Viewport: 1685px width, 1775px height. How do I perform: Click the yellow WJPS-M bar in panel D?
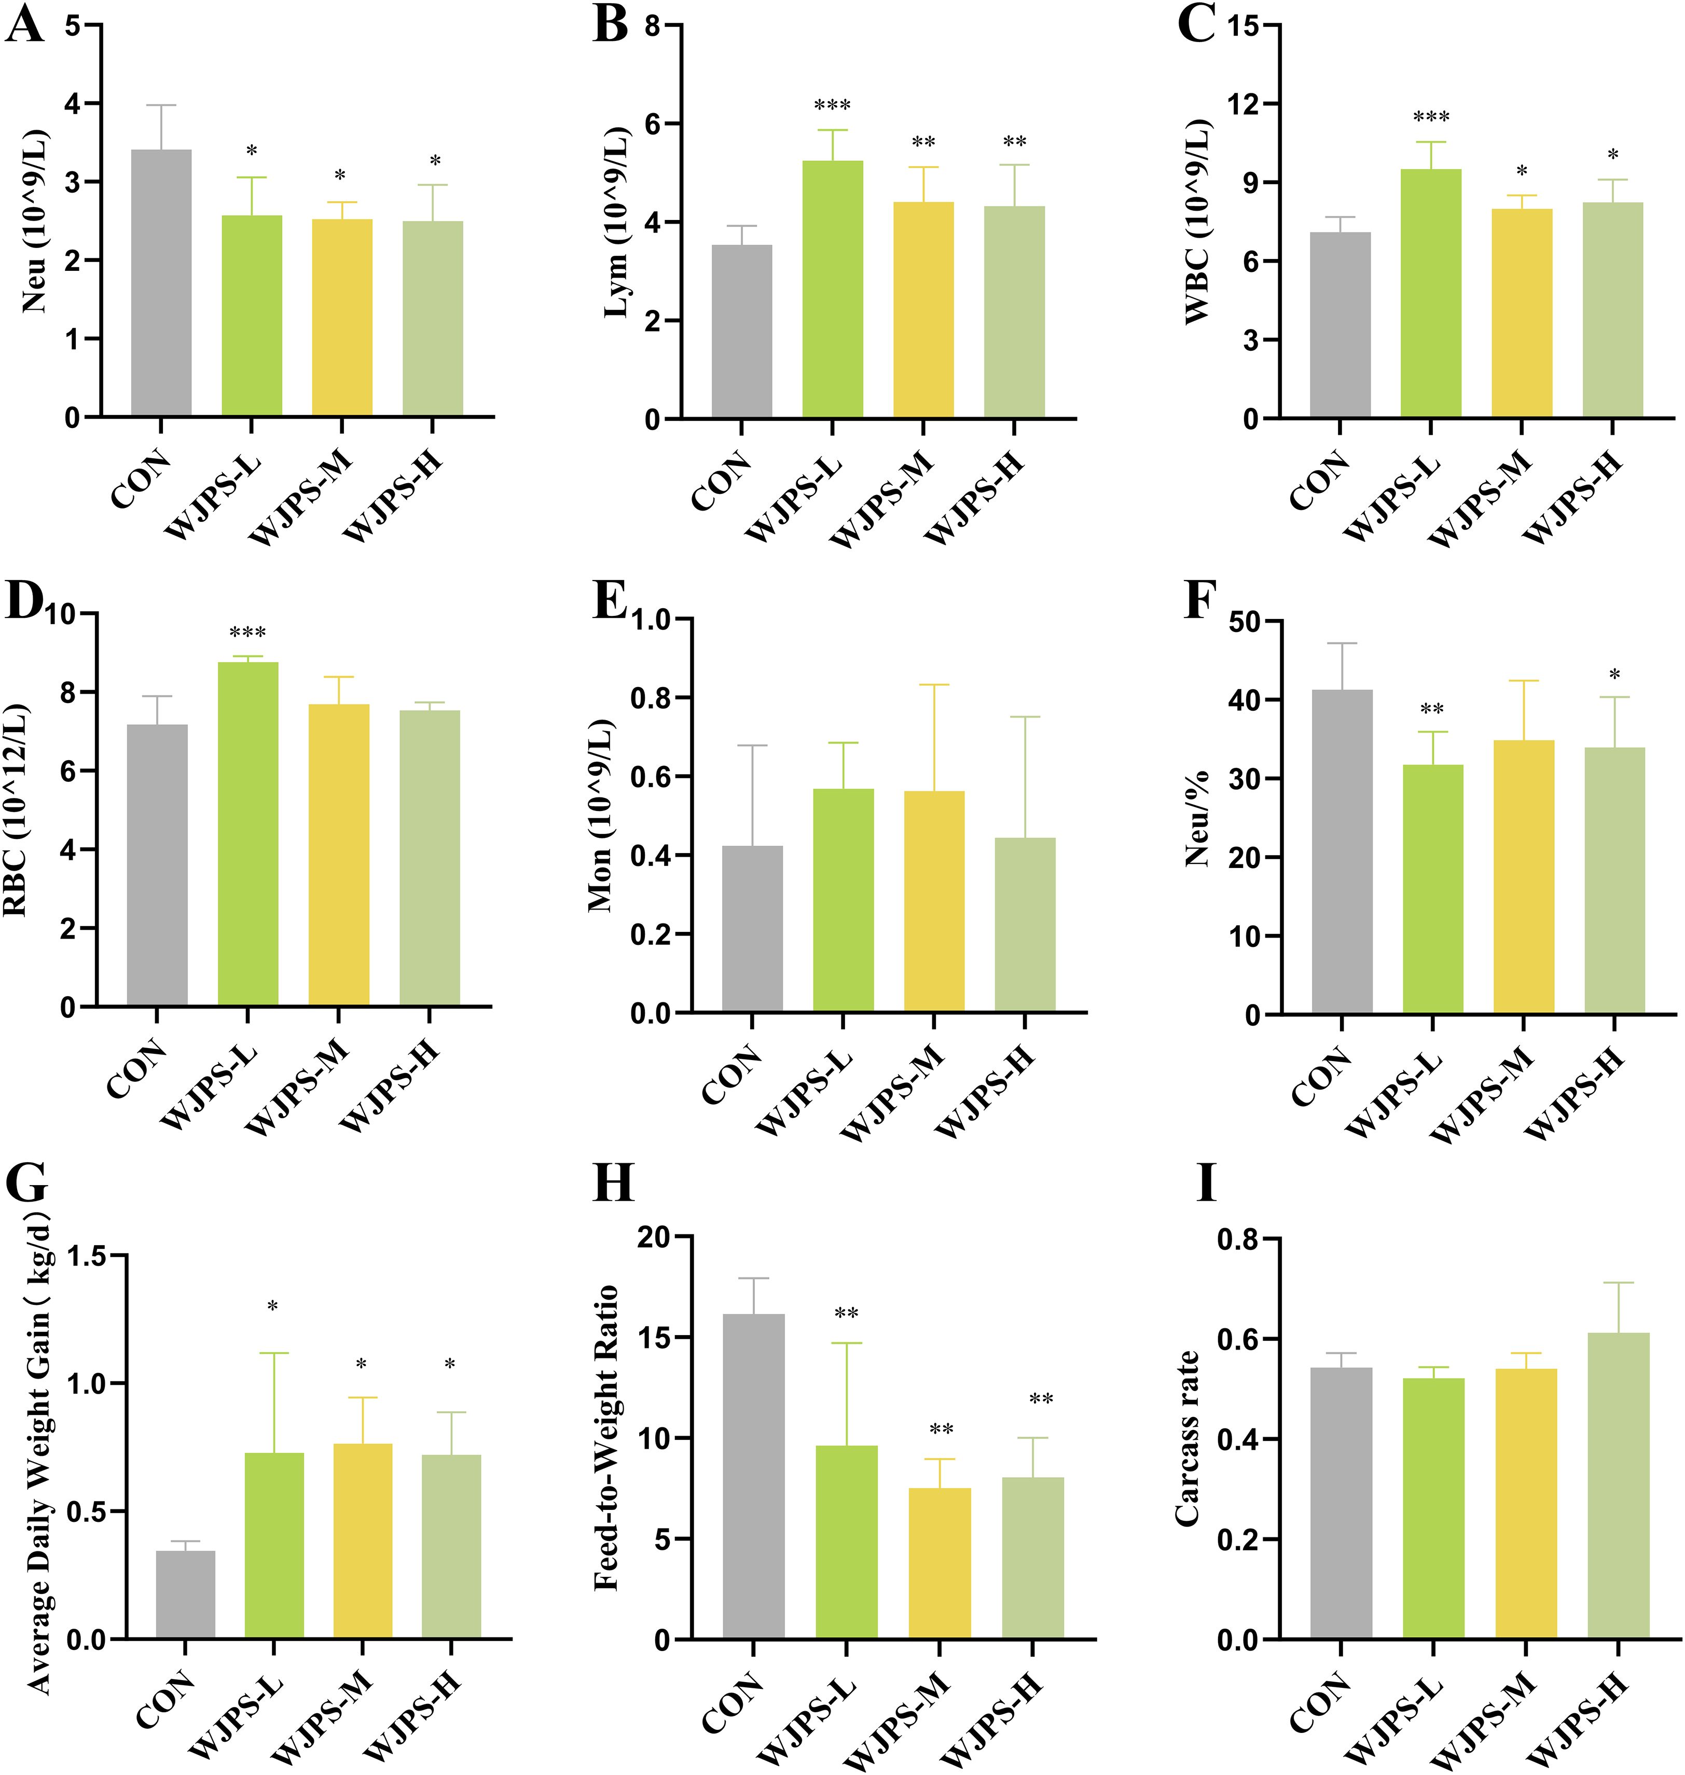pos(339,854)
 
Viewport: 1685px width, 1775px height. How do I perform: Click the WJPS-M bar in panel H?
pos(940,1563)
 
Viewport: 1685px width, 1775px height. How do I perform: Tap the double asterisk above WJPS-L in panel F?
pos(1432,710)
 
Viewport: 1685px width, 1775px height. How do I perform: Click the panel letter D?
pos(24,602)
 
